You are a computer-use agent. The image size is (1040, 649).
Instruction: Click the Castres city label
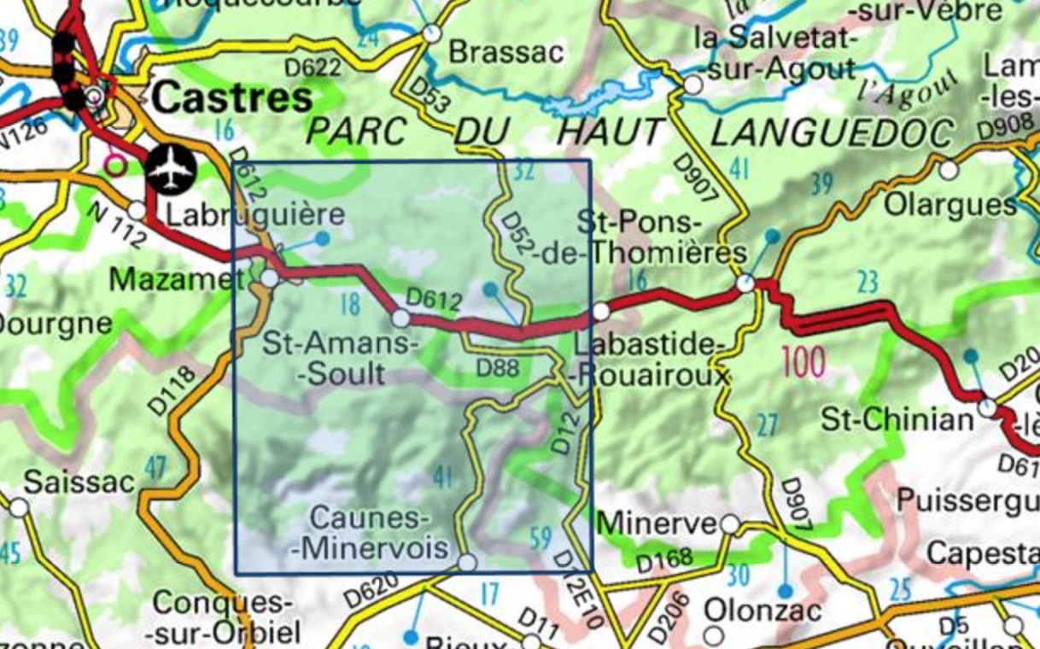[x=233, y=98]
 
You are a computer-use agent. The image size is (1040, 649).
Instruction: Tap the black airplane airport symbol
[x=172, y=170]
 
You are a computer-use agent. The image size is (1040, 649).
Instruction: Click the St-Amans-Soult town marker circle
[x=400, y=319]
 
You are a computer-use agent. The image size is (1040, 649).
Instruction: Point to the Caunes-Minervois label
[x=368, y=532]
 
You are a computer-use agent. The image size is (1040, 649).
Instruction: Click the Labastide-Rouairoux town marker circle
[x=601, y=312]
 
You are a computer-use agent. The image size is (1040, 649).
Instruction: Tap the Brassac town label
[x=506, y=52]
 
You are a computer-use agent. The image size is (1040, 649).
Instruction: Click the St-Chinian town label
[x=897, y=419]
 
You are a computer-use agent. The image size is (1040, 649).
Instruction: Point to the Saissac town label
[x=79, y=482]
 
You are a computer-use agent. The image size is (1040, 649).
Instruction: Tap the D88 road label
[x=497, y=369]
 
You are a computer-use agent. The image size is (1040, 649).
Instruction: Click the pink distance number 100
[x=803, y=362]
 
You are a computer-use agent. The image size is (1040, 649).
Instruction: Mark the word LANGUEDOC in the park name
[x=832, y=133]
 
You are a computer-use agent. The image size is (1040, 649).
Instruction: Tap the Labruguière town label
[x=254, y=214]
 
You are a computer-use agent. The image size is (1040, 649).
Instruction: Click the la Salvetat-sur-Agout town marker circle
[x=692, y=85]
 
